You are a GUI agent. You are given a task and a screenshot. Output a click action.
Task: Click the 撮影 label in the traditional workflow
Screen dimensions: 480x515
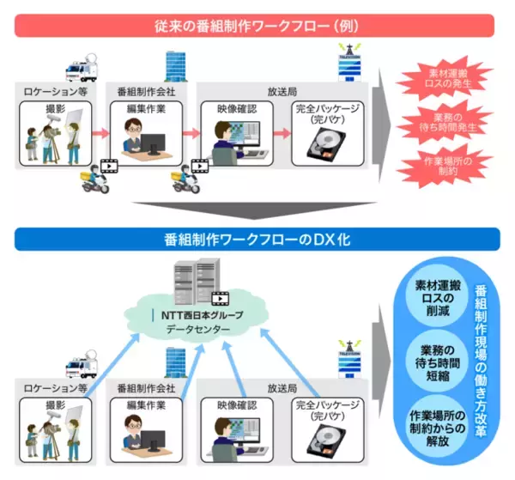(55, 110)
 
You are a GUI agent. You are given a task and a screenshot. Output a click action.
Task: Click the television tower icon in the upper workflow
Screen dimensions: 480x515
(349, 64)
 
